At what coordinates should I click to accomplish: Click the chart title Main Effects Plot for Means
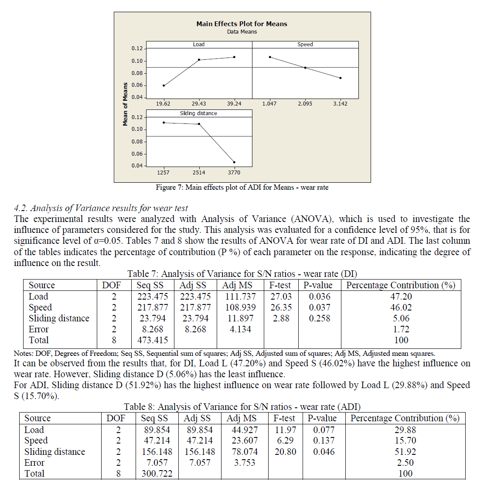pyautogui.click(x=242, y=24)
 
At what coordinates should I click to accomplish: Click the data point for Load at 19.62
pyautogui.click(x=164, y=85)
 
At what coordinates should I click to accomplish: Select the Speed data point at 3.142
pyautogui.click(x=340, y=78)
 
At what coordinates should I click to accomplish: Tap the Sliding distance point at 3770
pyautogui.click(x=234, y=162)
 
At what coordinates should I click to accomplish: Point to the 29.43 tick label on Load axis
pyautogui.click(x=199, y=104)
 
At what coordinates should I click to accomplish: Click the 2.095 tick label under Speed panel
pyautogui.click(x=305, y=104)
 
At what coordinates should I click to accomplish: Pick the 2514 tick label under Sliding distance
pyautogui.click(x=199, y=173)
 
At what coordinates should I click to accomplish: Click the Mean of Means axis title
pyautogui.click(x=126, y=104)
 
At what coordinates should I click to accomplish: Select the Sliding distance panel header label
pyautogui.click(x=198, y=113)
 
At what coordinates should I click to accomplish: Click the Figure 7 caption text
pyautogui.click(x=242, y=188)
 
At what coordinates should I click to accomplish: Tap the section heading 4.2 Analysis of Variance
pyautogui.click(x=101, y=208)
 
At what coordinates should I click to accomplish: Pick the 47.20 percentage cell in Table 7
pyautogui.click(x=401, y=297)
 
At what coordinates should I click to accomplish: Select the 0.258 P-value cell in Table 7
pyautogui.click(x=320, y=318)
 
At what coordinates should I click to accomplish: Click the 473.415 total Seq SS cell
pyautogui.click(x=152, y=340)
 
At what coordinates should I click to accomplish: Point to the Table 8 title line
pyautogui.click(x=242, y=407)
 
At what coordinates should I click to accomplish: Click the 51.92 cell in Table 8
pyautogui.click(x=405, y=452)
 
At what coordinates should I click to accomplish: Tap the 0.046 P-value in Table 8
pyautogui.click(x=324, y=452)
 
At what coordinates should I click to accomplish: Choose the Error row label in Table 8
pyautogui.click(x=34, y=463)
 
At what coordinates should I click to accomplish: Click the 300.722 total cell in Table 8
pyautogui.click(x=157, y=474)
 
